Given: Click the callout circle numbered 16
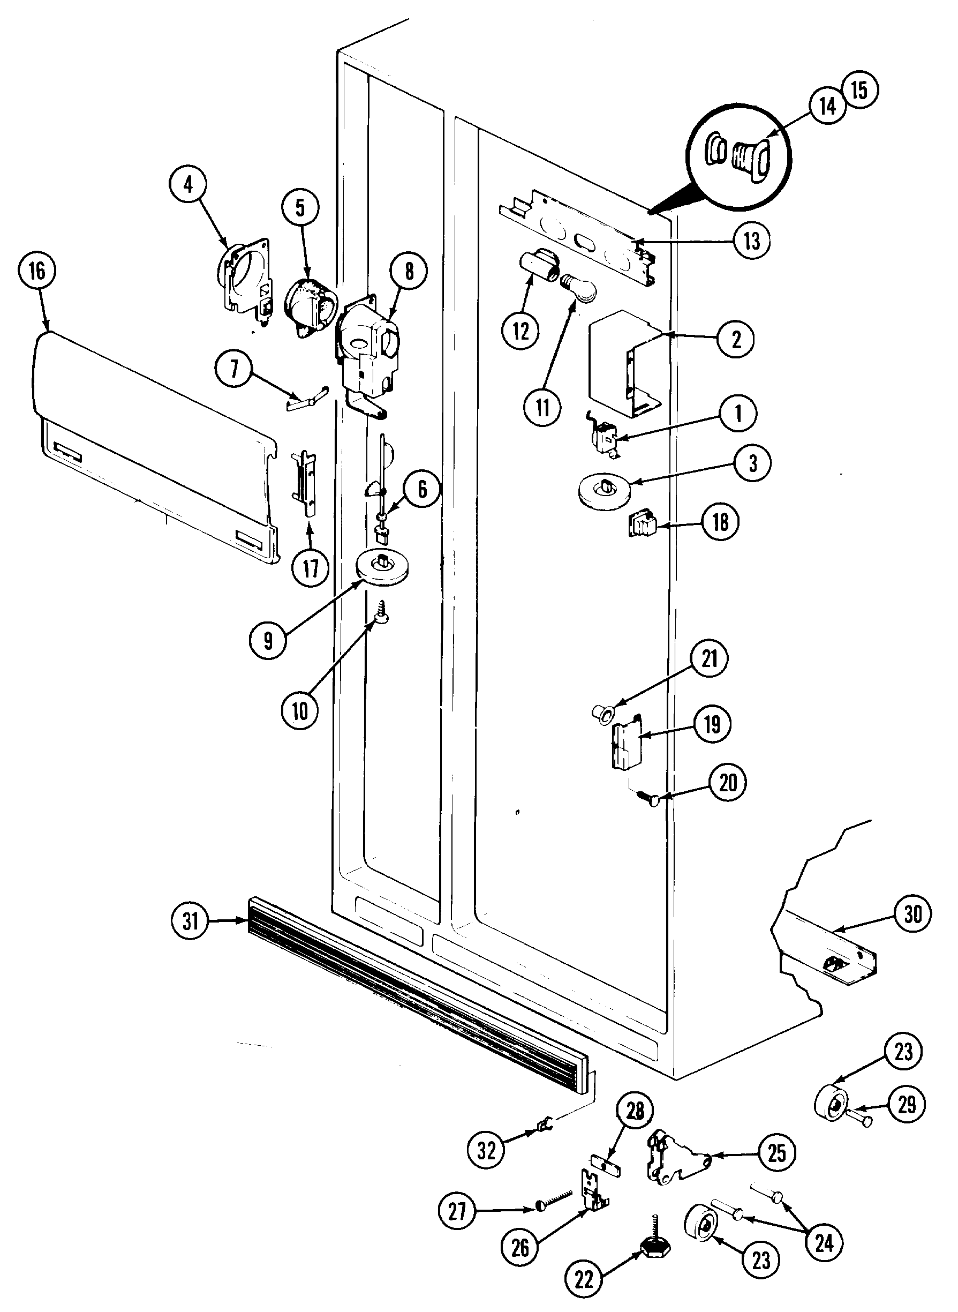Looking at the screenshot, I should (37, 271).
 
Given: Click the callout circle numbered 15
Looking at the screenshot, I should (859, 90).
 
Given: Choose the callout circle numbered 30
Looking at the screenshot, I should (912, 914).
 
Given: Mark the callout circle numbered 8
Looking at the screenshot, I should (410, 271).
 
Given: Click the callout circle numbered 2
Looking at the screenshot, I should (736, 339).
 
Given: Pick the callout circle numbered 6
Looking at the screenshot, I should (421, 489).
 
